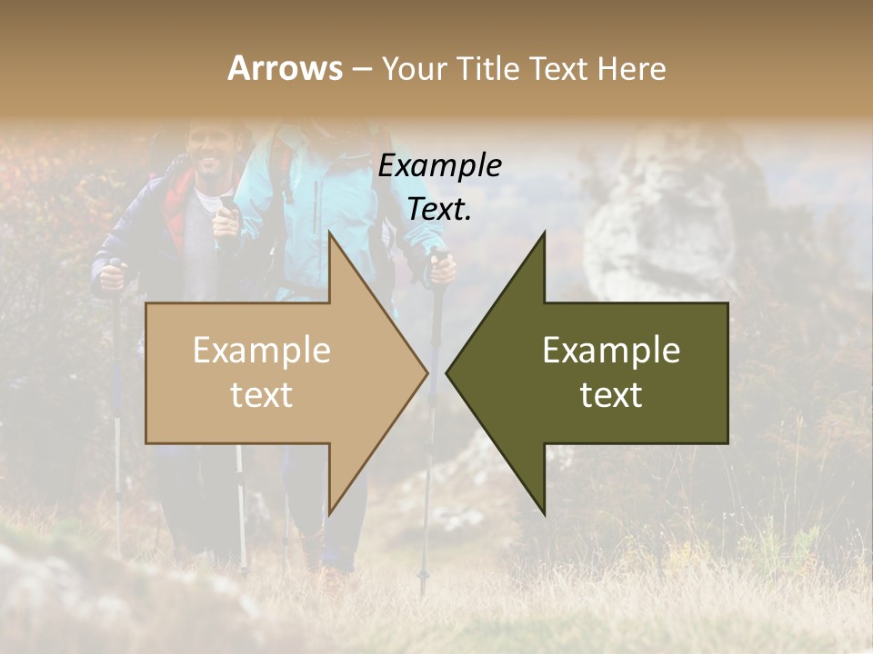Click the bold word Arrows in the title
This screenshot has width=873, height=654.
pos(285,68)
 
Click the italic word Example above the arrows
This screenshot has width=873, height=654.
pos(439,165)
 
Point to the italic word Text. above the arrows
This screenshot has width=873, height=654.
pos(439,209)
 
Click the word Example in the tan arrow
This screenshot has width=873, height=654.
pos(262,350)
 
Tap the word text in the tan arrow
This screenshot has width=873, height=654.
pos(262,394)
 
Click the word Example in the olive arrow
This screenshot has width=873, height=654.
pos(611,350)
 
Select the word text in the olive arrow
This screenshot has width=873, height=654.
pos(611,394)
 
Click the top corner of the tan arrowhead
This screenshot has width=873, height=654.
pos(330,233)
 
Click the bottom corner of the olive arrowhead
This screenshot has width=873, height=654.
pos(544,511)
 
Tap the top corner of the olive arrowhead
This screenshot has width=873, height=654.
pos(544,233)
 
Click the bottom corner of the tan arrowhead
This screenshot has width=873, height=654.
pos(330,511)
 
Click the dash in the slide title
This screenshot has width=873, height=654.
pos(361,69)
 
